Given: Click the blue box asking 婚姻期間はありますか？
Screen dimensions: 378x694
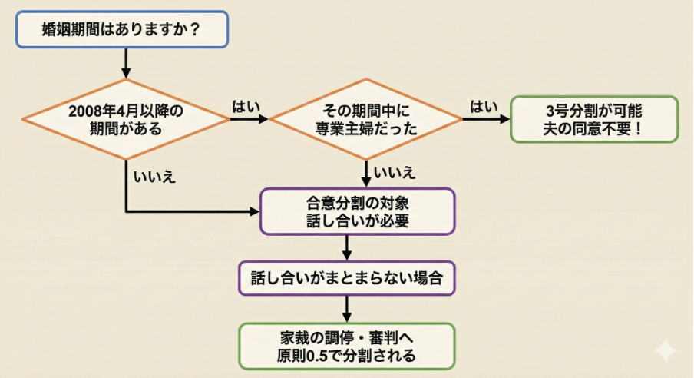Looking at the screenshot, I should pos(122,29).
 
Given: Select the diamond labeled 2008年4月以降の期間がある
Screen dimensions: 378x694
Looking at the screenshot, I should pos(125,119).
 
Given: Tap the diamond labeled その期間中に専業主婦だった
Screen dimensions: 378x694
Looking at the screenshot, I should pos(366,119).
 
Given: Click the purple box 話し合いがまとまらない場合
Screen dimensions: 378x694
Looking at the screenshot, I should pos(346,278).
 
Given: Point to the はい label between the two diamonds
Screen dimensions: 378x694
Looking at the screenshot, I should pos(243,107).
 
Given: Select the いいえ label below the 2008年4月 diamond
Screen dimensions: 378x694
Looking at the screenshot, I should pos(154,176).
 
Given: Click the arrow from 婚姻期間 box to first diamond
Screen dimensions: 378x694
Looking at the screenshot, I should pos(126,63).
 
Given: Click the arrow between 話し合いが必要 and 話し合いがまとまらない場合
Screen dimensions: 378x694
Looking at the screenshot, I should pos(347,248).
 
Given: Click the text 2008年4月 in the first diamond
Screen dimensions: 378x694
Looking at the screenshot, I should pos(101,111).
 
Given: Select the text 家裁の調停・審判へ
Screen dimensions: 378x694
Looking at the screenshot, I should pos(346,338).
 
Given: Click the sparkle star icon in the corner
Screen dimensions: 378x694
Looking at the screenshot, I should pos(665,351).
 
